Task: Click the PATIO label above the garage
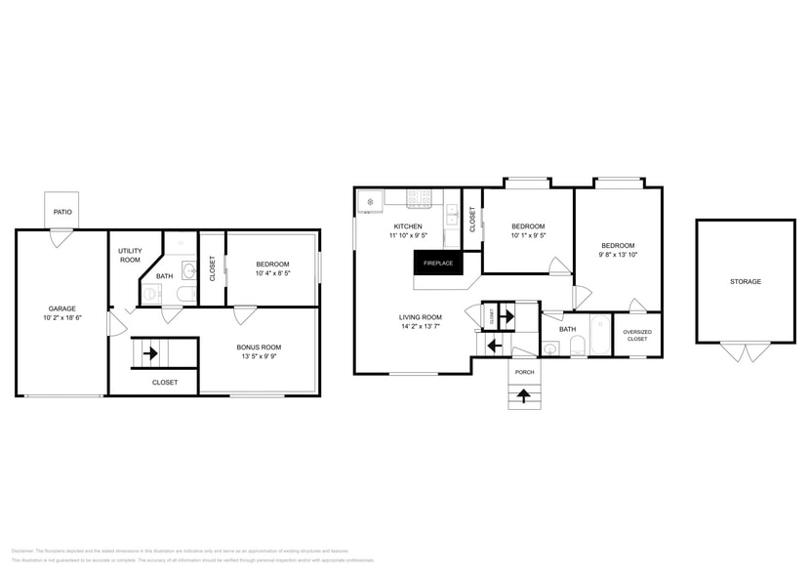[x=62, y=210]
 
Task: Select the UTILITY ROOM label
[x=130, y=256]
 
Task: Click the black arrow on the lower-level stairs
[x=150, y=352]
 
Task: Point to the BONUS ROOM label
[x=259, y=347]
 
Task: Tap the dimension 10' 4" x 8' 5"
[x=272, y=273]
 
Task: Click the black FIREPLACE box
[x=437, y=263]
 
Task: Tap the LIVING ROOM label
[x=420, y=317]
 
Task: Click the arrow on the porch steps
[x=524, y=395]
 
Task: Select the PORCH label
[x=524, y=372]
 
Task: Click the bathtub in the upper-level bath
[x=597, y=335]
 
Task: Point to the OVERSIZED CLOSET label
[x=637, y=335]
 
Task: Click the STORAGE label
[x=746, y=282]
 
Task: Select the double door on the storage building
[x=745, y=350]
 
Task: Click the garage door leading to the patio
[x=62, y=234]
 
